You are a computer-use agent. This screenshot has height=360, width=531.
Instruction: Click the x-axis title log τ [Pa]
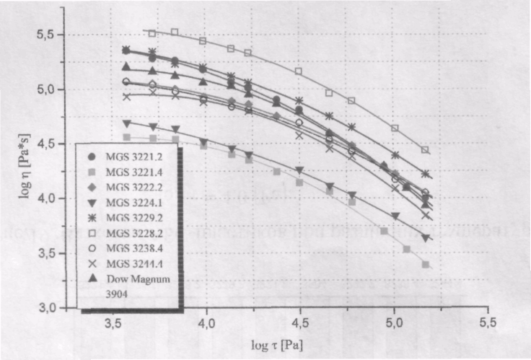pos(278,345)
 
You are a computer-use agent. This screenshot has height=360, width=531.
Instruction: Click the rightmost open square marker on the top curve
pos(426,150)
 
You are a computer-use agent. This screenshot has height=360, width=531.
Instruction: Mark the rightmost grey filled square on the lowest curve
pos(426,265)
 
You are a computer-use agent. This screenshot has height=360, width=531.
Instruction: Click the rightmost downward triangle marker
pos(426,238)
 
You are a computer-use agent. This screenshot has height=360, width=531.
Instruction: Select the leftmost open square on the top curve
pos(152,33)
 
